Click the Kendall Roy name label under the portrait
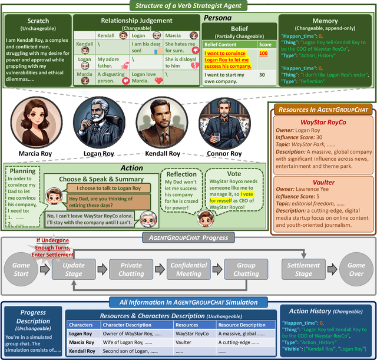click(158, 154)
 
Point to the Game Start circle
click(21, 270)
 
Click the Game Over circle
click(355, 270)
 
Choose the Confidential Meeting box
click(188, 270)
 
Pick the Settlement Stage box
click(303, 270)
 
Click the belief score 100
click(263, 54)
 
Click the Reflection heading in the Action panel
click(181, 174)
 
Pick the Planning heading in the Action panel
click(22, 171)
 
